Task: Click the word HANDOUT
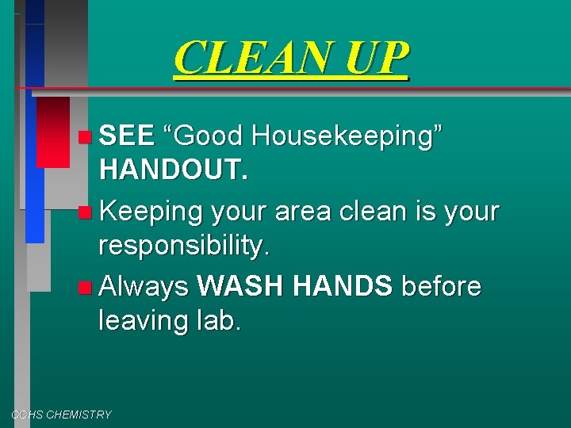[174, 170]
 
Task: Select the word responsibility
[184, 246]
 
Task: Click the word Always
[144, 286]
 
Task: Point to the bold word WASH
[241, 285]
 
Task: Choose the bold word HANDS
[343, 285]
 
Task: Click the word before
[441, 285]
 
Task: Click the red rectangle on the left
[53, 132]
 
